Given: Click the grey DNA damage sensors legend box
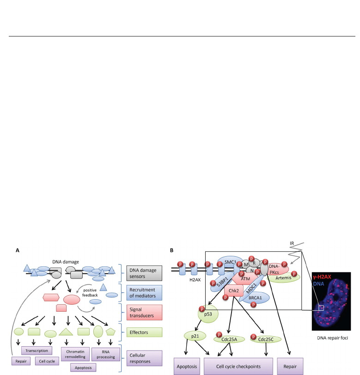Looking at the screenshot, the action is (144, 273).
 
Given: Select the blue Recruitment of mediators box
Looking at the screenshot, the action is (144, 292).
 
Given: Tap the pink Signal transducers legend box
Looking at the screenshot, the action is (144, 312).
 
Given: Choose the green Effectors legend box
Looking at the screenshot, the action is (144, 332).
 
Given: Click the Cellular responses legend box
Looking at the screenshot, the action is (144, 358).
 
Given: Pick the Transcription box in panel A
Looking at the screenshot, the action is (37, 351).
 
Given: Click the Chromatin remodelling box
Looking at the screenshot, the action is (75, 354).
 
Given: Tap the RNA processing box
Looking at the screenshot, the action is (105, 354).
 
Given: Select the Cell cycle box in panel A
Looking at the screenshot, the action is (47, 361).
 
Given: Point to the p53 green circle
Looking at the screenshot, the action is (208, 314).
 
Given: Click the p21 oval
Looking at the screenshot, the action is (195, 336).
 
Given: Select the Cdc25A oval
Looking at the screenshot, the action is (229, 339).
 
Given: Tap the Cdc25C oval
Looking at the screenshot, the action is (265, 339).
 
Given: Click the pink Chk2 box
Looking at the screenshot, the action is (234, 291).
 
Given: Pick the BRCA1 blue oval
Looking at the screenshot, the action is (255, 298).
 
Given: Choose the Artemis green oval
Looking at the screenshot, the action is (283, 278).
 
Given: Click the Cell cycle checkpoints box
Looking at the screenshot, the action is (238, 366).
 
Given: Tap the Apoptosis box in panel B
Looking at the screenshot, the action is (187, 366).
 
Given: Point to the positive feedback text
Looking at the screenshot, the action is (90, 293).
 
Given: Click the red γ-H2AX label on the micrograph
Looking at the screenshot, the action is (322, 277).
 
